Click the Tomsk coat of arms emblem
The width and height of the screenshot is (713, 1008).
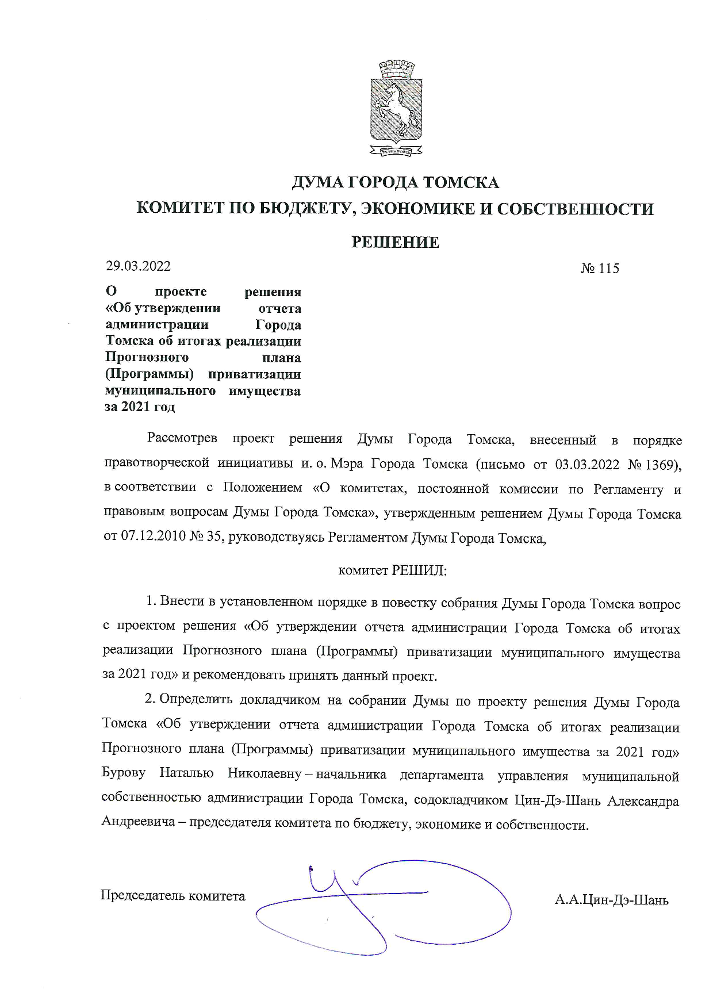[x=396, y=108]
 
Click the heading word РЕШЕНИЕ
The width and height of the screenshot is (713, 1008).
[x=395, y=243]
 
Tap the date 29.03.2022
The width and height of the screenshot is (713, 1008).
[x=138, y=266]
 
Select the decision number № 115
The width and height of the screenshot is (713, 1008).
[x=600, y=269]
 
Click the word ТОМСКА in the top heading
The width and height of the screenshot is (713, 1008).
[x=461, y=183]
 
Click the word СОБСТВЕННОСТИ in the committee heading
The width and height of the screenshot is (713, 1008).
[x=575, y=208]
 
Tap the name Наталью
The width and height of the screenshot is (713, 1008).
[x=186, y=775]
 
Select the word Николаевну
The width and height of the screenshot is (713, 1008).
[x=264, y=775]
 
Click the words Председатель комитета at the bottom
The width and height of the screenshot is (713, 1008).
[x=172, y=896]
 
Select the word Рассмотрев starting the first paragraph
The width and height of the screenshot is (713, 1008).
[x=182, y=440]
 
